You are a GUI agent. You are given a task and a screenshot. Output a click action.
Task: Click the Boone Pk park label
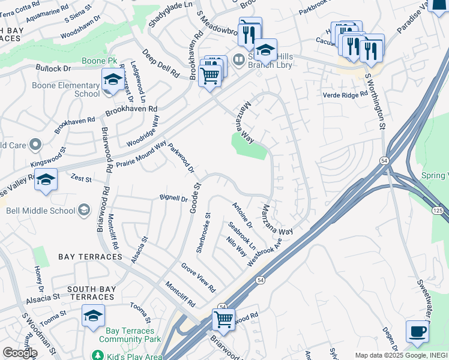click(x=99, y=61)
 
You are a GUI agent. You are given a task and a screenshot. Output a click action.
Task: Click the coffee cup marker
click(x=417, y=331)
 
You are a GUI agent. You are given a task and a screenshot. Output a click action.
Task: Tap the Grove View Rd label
click(x=198, y=277)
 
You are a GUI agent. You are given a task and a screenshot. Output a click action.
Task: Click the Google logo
click(x=20, y=352)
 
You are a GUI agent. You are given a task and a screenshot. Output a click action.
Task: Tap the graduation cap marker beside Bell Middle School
click(x=46, y=181)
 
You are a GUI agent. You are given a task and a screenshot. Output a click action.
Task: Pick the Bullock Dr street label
click(x=53, y=69)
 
